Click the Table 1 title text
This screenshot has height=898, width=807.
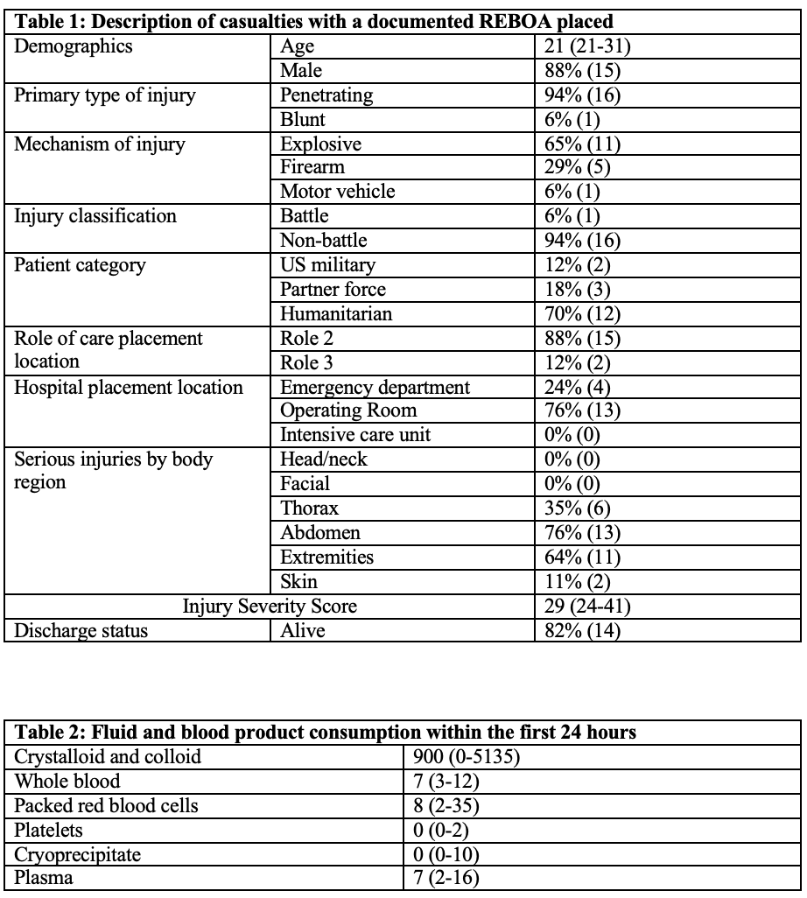313,22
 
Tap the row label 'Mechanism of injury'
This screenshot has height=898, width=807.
99,144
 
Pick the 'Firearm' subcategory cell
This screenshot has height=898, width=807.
312,167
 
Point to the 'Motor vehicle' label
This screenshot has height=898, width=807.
337,192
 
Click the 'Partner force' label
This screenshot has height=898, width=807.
333,289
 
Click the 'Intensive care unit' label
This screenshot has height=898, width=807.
355,435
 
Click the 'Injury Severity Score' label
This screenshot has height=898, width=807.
270,606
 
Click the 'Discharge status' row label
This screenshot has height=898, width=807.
81,630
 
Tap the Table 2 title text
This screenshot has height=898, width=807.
326,732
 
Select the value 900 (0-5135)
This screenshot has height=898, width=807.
466,756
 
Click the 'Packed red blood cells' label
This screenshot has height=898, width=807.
108,805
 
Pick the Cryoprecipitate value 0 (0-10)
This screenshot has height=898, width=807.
446,854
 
